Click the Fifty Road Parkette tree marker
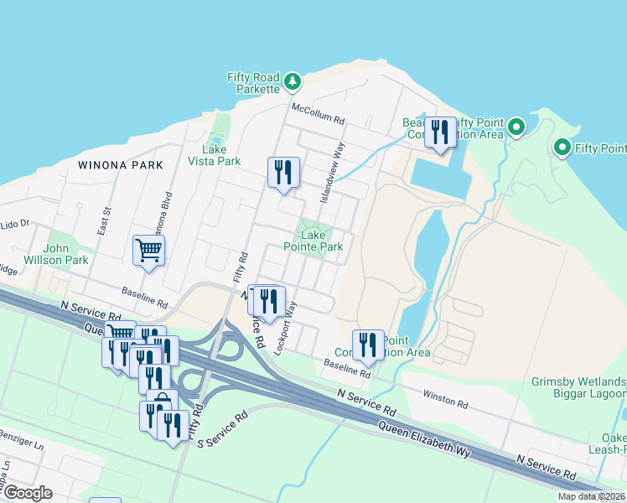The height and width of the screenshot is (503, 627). click(292, 81)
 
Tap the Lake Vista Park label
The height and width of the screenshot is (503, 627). click(215, 155)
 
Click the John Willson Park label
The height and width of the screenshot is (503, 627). click(66, 254)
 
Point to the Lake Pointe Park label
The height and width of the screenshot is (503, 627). click(313, 241)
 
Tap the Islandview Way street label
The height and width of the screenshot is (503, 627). click(333, 171)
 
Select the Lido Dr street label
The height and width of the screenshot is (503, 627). click(15, 225)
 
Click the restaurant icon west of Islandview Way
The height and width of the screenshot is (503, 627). click(283, 173)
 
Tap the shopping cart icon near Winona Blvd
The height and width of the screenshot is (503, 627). click(148, 250)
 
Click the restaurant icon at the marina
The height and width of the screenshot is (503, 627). click(440, 132)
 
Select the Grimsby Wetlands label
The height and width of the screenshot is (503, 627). click(578, 381)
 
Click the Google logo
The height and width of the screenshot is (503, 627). click(27, 493)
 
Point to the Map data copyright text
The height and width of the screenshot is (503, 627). click(591, 496)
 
